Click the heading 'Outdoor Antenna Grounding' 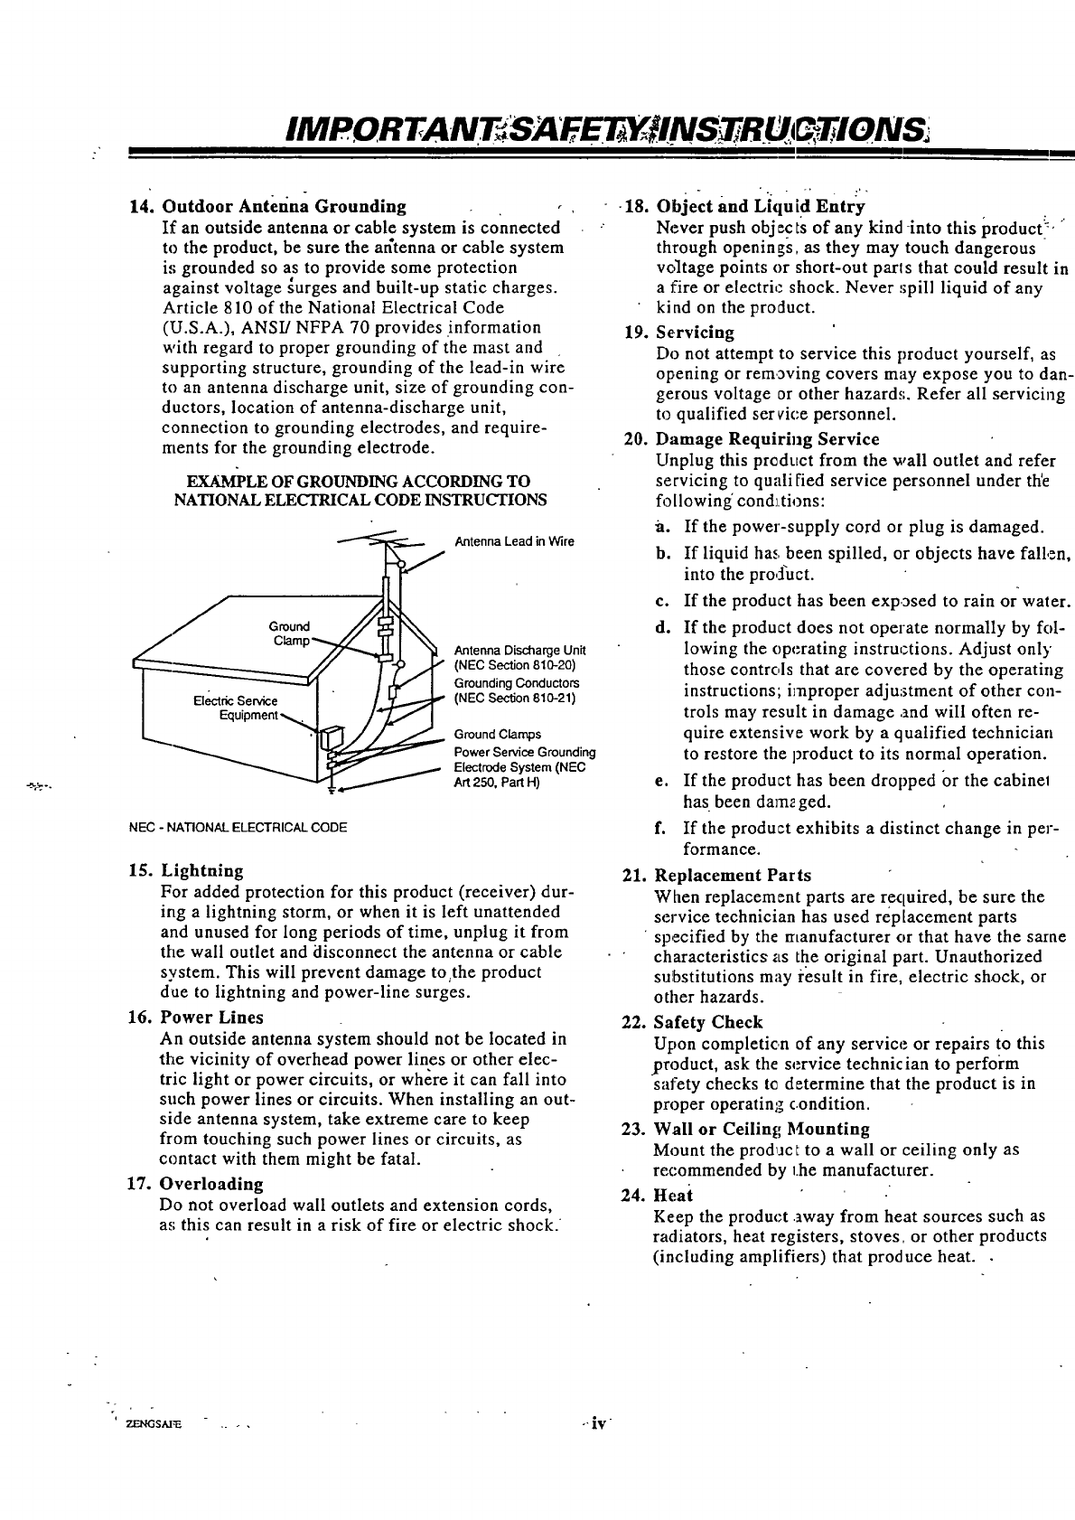[283, 207]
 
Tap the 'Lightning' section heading [202, 871]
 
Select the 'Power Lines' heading [211, 1018]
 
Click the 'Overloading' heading [211, 1184]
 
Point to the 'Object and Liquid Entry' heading [761, 205]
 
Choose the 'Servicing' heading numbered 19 [695, 333]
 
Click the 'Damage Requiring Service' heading [767, 439]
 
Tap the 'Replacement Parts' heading [733, 876]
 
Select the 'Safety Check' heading [708, 1023]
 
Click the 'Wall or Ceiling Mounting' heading [762, 1130]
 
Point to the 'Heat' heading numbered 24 [673, 1196]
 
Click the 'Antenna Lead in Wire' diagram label [513, 542]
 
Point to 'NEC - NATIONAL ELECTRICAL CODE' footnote [238, 827]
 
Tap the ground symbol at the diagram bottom [331, 790]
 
